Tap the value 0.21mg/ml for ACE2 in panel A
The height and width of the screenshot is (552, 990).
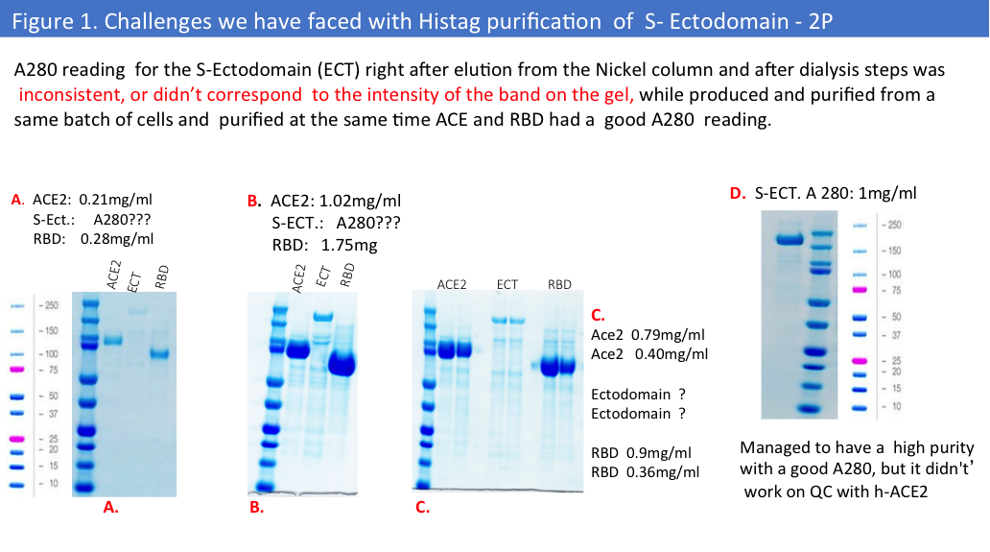(115, 200)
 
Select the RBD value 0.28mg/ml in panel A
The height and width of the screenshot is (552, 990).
(117, 239)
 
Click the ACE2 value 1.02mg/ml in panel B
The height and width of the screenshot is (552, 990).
(360, 201)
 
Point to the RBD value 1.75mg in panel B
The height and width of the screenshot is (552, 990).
(349, 245)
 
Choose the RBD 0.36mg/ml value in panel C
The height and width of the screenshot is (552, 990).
(663, 471)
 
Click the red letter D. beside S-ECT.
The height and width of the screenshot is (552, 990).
(738, 193)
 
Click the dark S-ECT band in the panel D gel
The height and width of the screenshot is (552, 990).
(790, 239)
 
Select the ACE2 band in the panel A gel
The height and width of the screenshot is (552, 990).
(112, 341)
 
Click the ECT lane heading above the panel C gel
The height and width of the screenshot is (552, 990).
(507, 284)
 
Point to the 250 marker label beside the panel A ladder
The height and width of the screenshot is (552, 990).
(51, 305)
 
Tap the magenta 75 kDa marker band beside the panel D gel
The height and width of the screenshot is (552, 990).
(860, 290)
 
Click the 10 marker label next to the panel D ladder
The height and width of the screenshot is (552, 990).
(896, 406)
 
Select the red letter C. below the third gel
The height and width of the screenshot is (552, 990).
(422, 507)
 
